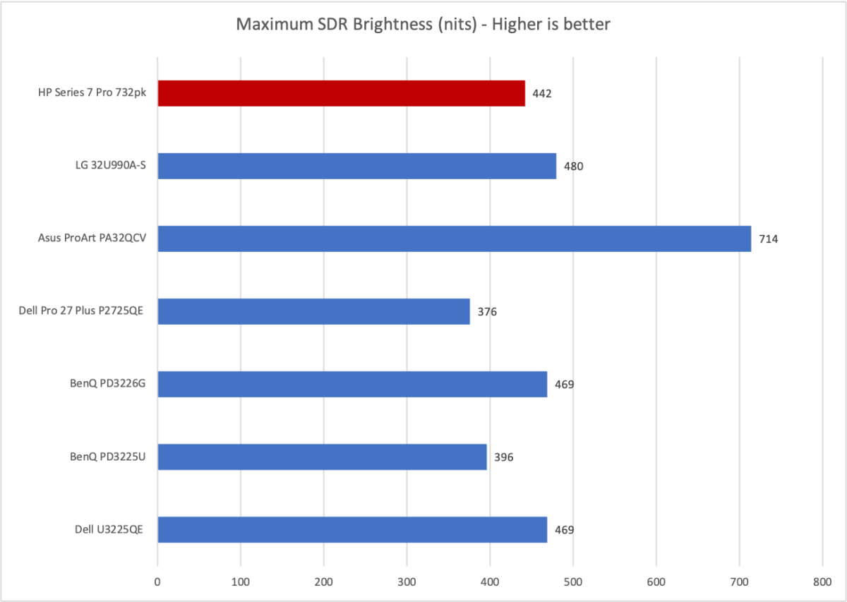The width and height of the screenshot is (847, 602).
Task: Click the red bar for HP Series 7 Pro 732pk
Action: [341, 93]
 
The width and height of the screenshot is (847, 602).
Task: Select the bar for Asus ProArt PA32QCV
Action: [454, 239]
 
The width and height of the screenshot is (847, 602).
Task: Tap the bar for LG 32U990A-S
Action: [356, 166]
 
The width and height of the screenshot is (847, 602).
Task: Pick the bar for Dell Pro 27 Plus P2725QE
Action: [313, 311]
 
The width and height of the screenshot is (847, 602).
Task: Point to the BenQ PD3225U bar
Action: [322, 457]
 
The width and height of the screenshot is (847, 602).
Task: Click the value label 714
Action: [768, 239]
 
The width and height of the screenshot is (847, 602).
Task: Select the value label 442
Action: [542, 94]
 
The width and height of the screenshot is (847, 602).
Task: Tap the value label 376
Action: [487, 312]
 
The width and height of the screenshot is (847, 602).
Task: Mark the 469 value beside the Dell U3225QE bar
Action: [564, 530]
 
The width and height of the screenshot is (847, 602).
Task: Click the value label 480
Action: [573, 167]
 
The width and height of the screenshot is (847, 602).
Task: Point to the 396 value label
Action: [503, 457]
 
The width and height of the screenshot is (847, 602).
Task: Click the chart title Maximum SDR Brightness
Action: [423, 25]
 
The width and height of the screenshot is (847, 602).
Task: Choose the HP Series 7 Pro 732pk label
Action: [88, 93]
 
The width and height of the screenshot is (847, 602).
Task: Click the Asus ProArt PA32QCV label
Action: [92, 239]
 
